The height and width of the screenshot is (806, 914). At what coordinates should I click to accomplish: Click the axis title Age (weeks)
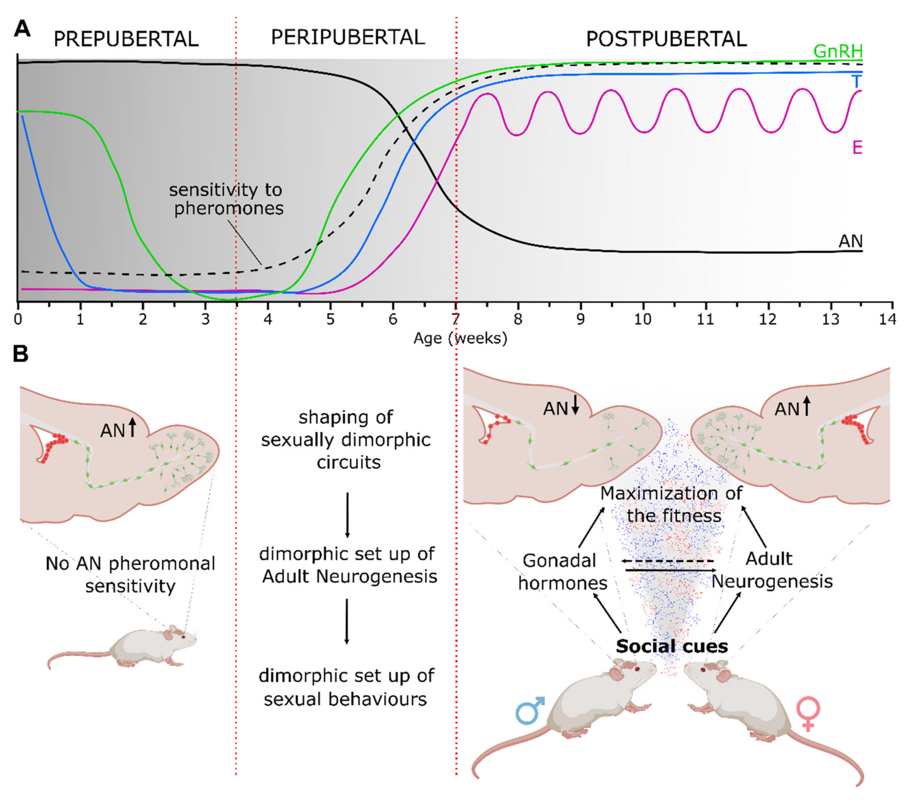click(x=460, y=338)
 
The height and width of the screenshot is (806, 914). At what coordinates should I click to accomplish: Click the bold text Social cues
click(x=672, y=646)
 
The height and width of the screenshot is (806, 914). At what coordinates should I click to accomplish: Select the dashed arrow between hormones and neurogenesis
click(x=667, y=561)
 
